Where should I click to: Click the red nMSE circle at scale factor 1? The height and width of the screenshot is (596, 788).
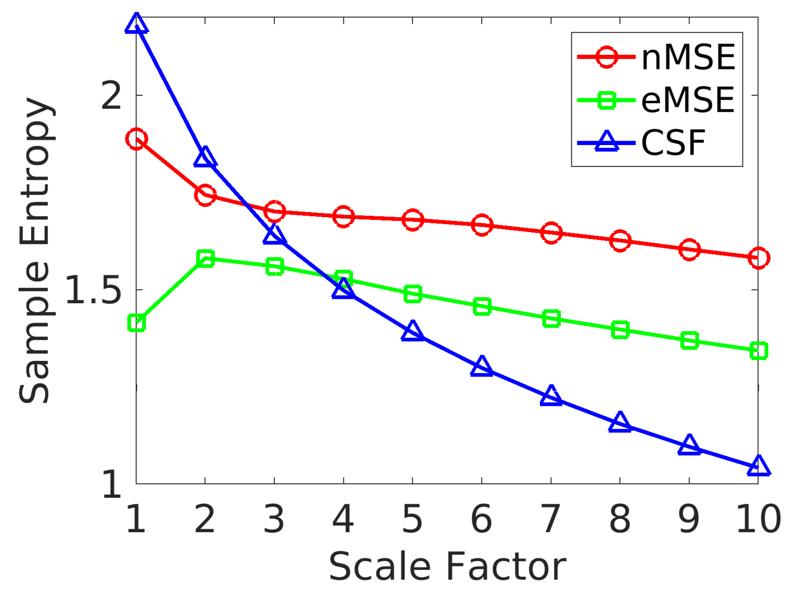(136, 139)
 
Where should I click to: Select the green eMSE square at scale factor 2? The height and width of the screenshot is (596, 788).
(205, 258)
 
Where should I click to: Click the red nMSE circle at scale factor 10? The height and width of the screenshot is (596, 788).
(759, 258)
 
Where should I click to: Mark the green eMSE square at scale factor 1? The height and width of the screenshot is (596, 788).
(136, 323)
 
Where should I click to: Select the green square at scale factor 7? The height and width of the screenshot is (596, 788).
(551, 319)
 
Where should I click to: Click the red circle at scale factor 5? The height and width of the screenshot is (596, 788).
(413, 219)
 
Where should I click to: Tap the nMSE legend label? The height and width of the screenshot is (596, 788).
(688, 57)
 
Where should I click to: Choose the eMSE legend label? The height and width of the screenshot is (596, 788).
(688, 100)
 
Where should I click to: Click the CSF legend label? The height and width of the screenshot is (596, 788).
(673, 143)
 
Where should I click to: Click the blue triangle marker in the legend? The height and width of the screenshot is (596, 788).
(607, 142)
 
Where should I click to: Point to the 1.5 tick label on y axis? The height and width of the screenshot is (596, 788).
(93, 290)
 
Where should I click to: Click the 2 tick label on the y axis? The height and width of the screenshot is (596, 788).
(111, 96)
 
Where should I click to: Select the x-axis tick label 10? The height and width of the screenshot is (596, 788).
(758, 519)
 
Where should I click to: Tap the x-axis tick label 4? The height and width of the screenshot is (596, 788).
(343, 519)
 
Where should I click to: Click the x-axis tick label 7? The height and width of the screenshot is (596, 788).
(551, 519)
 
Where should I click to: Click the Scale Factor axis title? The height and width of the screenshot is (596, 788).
(447, 567)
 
